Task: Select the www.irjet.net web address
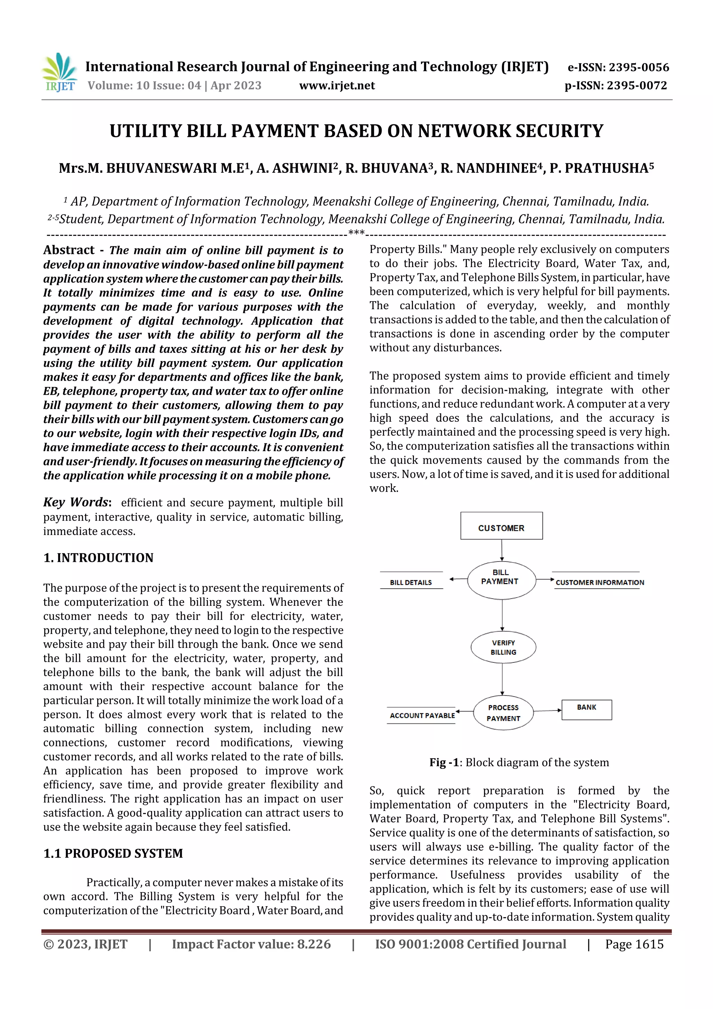pos(337,85)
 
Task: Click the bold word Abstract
pos(69,250)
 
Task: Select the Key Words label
pos(77,502)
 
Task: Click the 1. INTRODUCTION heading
pos(99,558)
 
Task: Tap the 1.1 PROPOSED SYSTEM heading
pos(113,853)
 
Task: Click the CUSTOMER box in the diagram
pos(501,526)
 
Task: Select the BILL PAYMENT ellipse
pos(501,580)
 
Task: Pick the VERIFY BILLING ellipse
pos(503,647)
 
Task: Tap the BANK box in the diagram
pos(587,709)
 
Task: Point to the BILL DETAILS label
pos(411,582)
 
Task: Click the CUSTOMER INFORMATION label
pos(600,582)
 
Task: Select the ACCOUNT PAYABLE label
pos(422,715)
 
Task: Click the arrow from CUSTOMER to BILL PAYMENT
pos(502,550)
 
